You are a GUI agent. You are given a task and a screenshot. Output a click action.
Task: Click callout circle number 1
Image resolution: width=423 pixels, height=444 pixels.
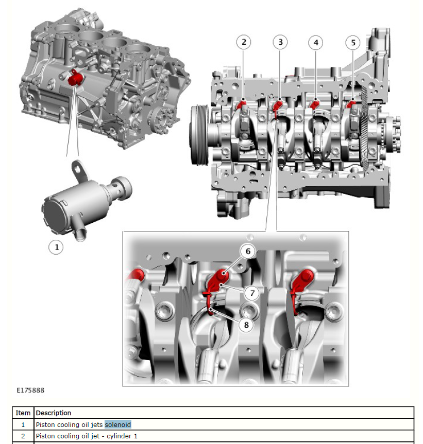tap(56, 247)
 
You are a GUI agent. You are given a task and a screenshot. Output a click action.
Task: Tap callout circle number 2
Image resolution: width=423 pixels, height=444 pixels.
tap(244, 42)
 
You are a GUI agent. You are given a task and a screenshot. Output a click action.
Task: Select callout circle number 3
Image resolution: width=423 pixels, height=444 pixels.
tap(280, 42)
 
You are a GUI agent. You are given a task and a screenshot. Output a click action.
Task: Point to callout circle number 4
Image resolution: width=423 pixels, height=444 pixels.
tap(315, 43)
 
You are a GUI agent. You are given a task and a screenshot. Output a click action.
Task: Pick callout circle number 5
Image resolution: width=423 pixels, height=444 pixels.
tap(353, 43)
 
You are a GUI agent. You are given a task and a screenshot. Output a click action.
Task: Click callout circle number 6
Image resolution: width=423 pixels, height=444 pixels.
tap(248, 251)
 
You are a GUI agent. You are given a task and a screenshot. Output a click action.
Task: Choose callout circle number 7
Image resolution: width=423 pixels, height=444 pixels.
tap(252, 293)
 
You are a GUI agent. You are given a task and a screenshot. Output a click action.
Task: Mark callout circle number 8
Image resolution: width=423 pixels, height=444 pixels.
tap(246, 325)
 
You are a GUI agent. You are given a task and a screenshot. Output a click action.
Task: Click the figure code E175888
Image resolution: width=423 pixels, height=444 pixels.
tap(30, 390)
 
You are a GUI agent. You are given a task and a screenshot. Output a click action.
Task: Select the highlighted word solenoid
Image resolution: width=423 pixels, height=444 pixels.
tap(118, 424)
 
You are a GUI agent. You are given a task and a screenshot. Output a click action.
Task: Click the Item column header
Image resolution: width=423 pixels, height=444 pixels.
tap(23, 413)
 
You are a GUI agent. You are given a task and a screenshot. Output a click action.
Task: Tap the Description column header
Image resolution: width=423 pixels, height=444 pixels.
tap(54, 413)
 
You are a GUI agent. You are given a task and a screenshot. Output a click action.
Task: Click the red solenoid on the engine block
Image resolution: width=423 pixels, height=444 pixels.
tap(74, 78)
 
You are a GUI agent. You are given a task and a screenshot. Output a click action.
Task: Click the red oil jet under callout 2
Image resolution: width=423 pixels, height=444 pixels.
tap(242, 104)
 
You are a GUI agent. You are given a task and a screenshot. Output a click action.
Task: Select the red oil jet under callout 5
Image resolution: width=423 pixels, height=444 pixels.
tap(351, 104)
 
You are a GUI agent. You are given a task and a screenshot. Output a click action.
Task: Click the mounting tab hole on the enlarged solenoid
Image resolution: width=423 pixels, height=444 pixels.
tap(77, 169)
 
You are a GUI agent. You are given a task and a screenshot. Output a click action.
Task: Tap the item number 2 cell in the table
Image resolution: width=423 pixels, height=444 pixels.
tap(23, 436)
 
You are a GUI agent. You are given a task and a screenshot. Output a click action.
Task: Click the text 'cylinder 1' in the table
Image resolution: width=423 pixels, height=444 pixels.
tap(122, 436)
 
